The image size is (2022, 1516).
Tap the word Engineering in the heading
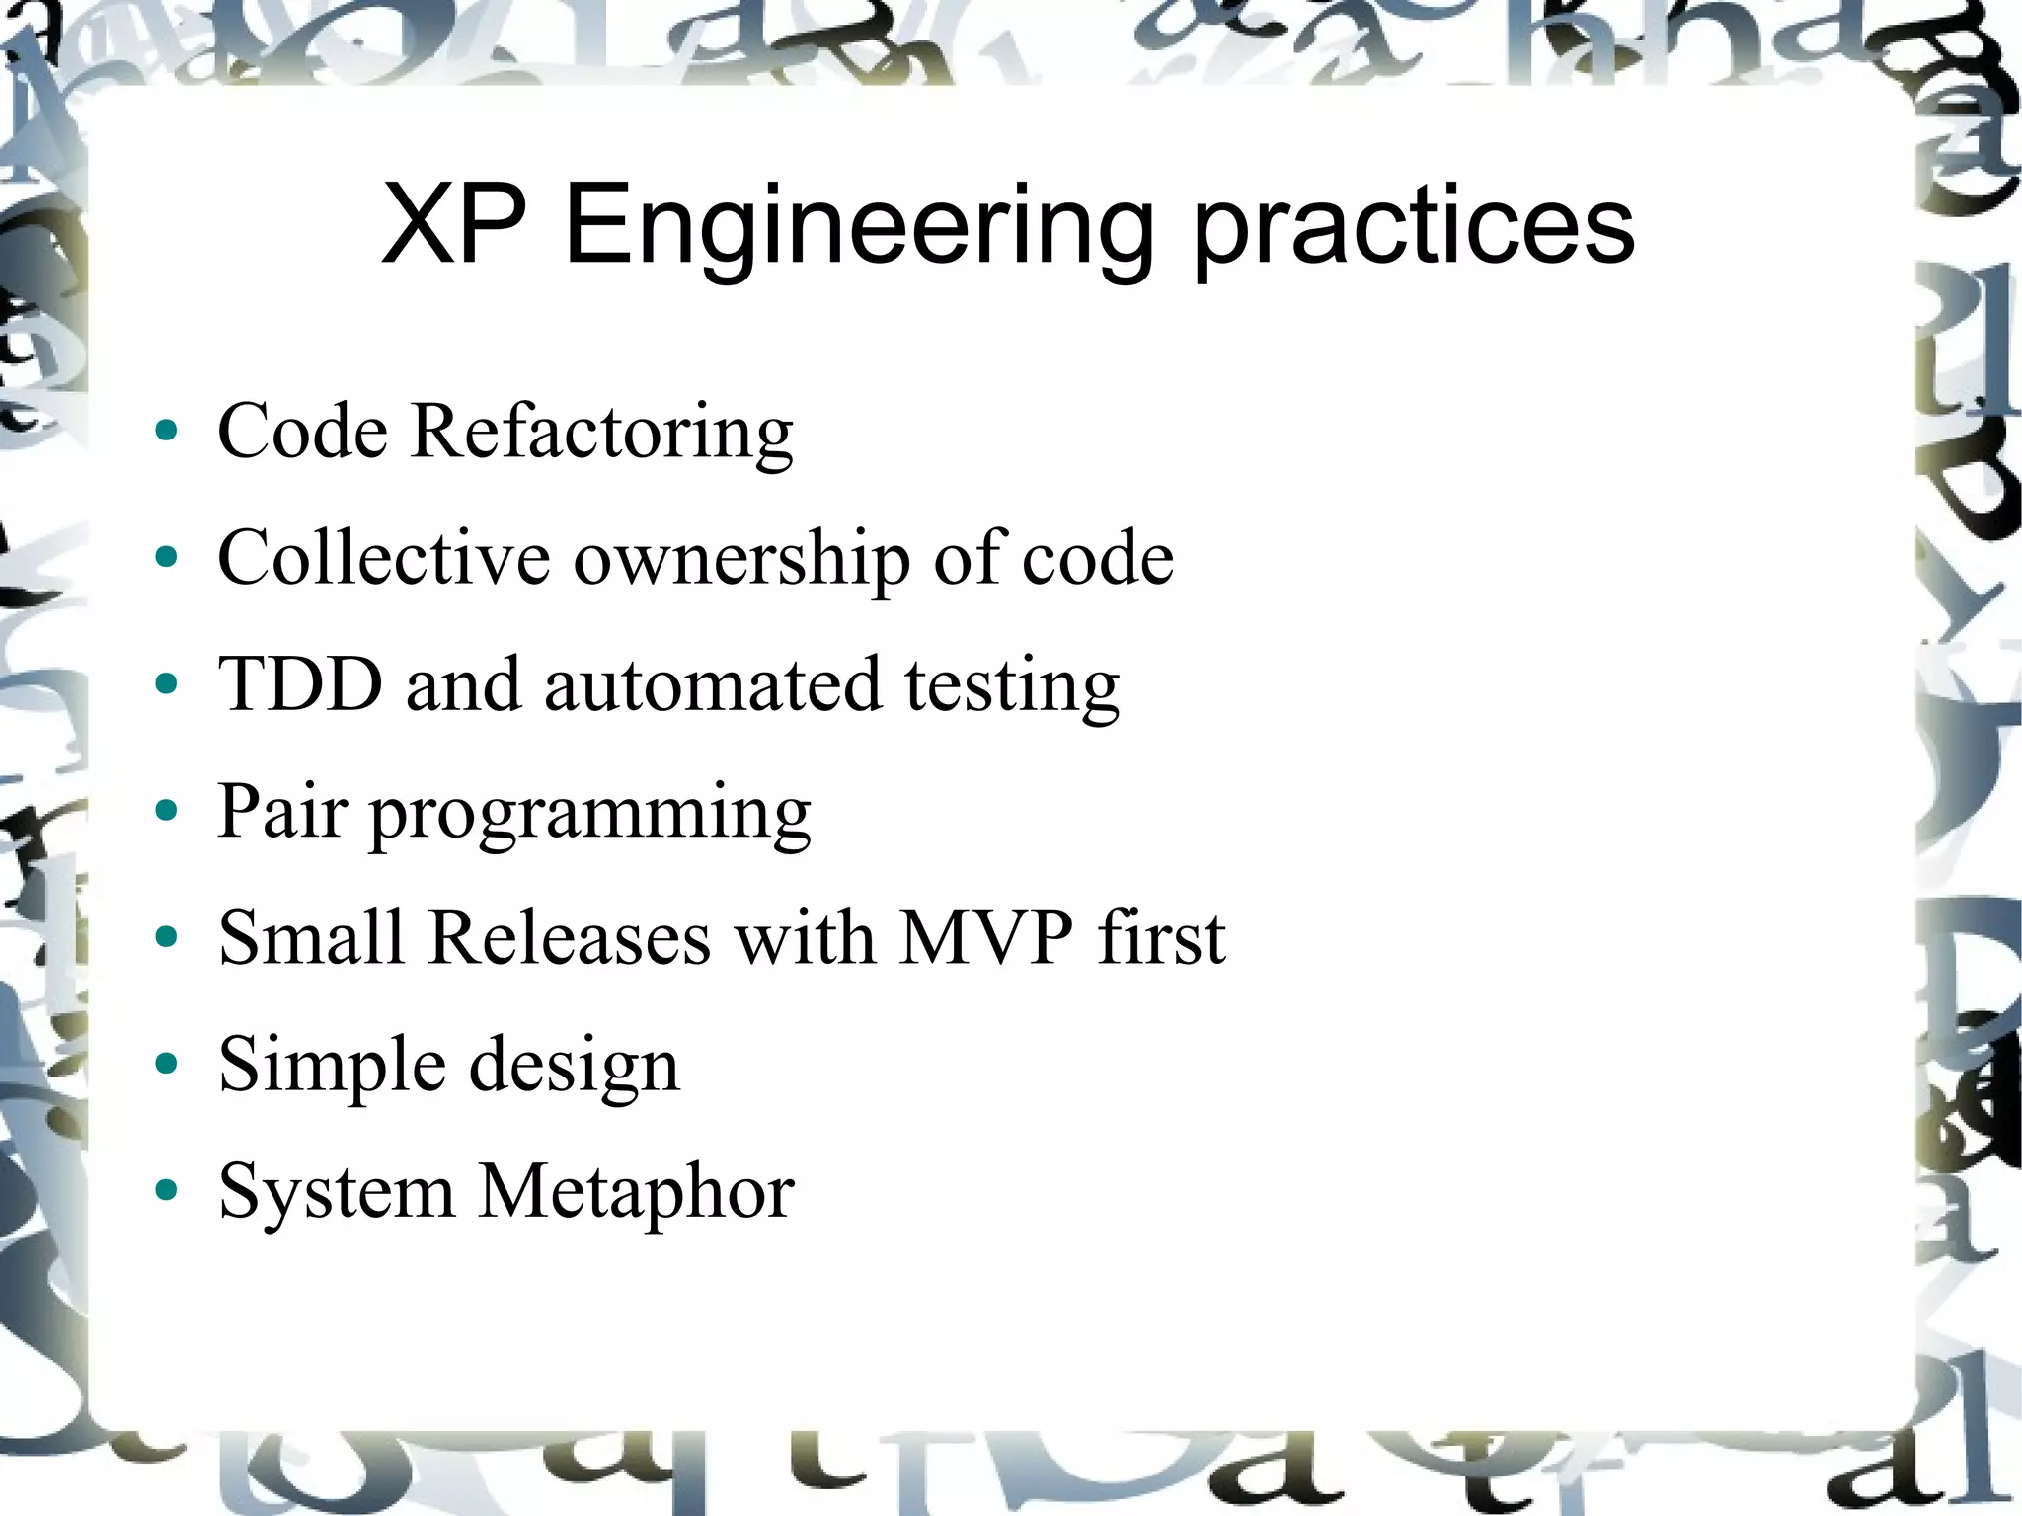(x=858, y=229)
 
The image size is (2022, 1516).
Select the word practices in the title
(x=1414, y=229)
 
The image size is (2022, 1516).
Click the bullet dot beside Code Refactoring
(x=167, y=431)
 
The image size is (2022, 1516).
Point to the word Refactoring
(x=601, y=433)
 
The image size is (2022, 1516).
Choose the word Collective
(x=383, y=558)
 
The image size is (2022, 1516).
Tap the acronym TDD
(x=300, y=683)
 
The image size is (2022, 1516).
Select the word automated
(x=712, y=683)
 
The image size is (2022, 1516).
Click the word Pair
(x=281, y=811)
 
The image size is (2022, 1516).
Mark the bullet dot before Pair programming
(x=167, y=811)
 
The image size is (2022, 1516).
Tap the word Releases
(x=570, y=936)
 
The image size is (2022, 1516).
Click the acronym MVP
(x=986, y=936)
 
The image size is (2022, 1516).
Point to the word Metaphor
(x=636, y=1190)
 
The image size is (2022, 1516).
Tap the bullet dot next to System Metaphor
(x=167, y=1191)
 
